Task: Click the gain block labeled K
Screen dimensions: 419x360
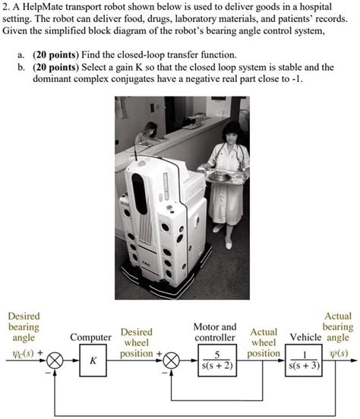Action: (92, 362)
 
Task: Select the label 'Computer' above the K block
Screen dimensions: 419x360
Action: (91, 338)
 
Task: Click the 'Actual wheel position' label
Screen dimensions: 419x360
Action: (264, 343)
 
